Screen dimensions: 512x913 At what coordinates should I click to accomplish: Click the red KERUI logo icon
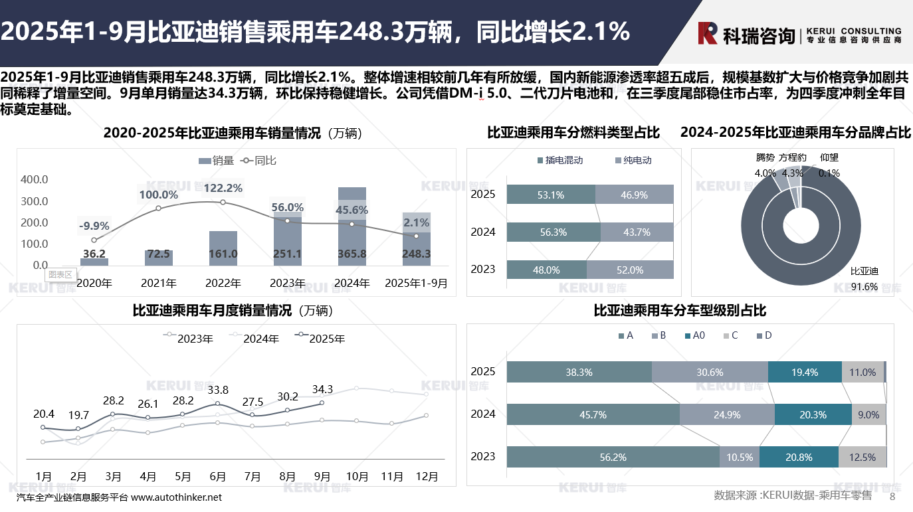[708, 33]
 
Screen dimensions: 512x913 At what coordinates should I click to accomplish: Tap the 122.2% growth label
[223, 188]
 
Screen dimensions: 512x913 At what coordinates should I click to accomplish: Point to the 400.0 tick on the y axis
[35, 179]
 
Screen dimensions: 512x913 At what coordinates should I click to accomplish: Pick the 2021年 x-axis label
[159, 283]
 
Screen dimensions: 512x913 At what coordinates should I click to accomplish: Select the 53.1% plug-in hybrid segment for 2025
[551, 195]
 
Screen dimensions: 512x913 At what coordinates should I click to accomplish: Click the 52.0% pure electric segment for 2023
[630, 270]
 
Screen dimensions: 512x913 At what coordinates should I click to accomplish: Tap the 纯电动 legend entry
[637, 160]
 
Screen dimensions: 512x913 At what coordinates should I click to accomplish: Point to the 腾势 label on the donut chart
[765, 158]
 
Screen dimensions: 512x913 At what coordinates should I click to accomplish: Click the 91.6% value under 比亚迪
[864, 287]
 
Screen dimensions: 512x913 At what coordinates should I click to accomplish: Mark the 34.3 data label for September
[322, 389]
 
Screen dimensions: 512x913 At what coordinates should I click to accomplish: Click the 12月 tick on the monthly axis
[427, 476]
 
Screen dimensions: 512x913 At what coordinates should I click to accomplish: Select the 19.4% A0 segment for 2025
[805, 373]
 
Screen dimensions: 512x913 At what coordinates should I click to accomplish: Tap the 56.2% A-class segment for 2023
[613, 457]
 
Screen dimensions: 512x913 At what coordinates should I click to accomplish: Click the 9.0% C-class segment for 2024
[868, 415]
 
